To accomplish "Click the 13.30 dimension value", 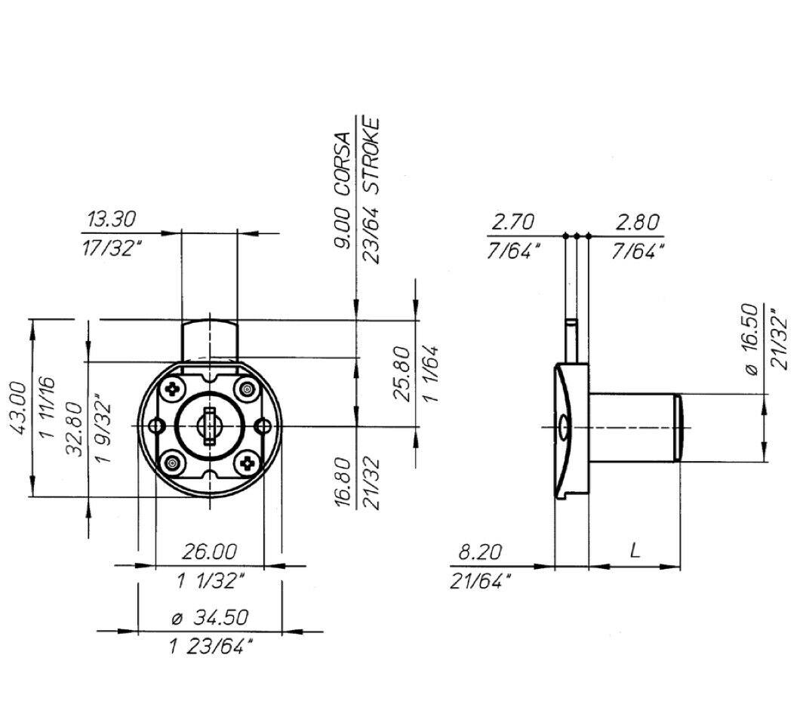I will click(111, 220).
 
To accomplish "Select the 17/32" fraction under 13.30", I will click(112, 249).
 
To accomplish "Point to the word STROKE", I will click(371, 151).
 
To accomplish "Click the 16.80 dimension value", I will click(343, 483).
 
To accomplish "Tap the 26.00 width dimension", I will click(209, 552).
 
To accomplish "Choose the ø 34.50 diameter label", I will click(209, 617).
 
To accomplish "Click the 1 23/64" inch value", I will click(210, 647).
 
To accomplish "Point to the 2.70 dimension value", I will click(513, 222).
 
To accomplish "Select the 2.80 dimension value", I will click(637, 222).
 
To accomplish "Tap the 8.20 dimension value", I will click(480, 552).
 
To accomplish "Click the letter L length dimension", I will click(635, 551).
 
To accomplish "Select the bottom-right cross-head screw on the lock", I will click(246, 463).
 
